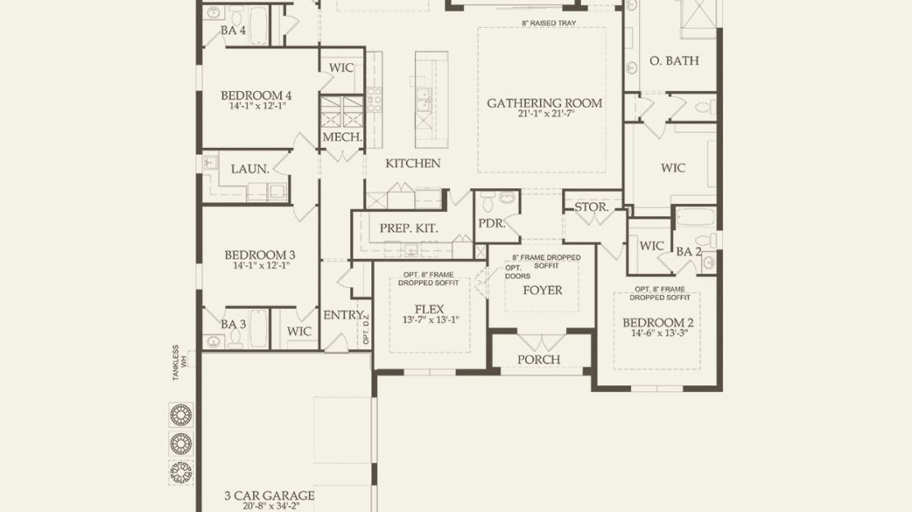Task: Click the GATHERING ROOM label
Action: (x=545, y=104)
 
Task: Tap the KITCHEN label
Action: (x=413, y=164)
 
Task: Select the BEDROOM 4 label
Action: (x=256, y=95)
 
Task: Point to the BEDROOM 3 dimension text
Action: (x=260, y=265)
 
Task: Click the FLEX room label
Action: (x=429, y=310)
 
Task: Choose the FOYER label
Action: (x=542, y=290)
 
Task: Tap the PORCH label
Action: (x=539, y=360)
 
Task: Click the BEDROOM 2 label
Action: (x=658, y=323)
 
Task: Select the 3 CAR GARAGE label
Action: (x=269, y=496)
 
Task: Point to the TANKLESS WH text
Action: (x=180, y=363)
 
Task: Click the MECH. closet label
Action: (x=342, y=137)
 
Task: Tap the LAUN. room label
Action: (x=250, y=169)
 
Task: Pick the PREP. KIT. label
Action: (x=409, y=228)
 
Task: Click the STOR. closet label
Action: (x=592, y=207)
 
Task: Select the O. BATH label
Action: (x=674, y=61)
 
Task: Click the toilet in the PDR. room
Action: (x=488, y=202)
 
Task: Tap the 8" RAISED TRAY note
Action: (x=549, y=23)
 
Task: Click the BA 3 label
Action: (x=233, y=324)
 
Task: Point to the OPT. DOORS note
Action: (x=517, y=272)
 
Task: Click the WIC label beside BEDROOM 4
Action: (x=341, y=68)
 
